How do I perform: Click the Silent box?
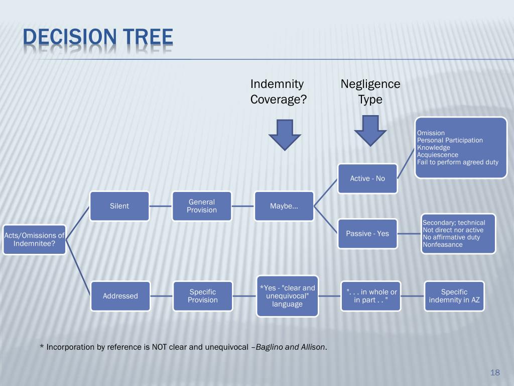pyautogui.click(x=119, y=206)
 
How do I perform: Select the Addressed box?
pyautogui.click(x=120, y=296)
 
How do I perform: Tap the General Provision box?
pyautogui.click(x=202, y=206)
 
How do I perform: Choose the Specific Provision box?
pyautogui.click(x=202, y=296)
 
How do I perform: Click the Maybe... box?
pyautogui.click(x=284, y=206)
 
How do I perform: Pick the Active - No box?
pyautogui.click(x=367, y=178)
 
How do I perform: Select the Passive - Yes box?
pyautogui.click(x=367, y=233)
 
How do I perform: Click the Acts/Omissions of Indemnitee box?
pyautogui.click(x=34, y=239)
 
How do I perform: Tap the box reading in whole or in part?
pyautogui.click(x=371, y=296)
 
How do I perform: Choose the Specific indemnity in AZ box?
pyautogui.click(x=454, y=296)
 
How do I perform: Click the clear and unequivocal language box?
pyautogui.click(x=287, y=296)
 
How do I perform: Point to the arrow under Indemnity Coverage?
pyautogui.click(x=285, y=135)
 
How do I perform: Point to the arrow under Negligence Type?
pyautogui.click(x=370, y=131)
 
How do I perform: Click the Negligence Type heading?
pyautogui.click(x=370, y=91)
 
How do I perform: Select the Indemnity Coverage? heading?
pyautogui.click(x=278, y=91)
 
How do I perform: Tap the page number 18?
pyautogui.click(x=495, y=372)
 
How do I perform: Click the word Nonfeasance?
pyautogui.click(x=443, y=245)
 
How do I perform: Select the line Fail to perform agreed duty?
pyautogui.click(x=458, y=162)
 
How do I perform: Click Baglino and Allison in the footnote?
pyautogui.click(x=291, y=347)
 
